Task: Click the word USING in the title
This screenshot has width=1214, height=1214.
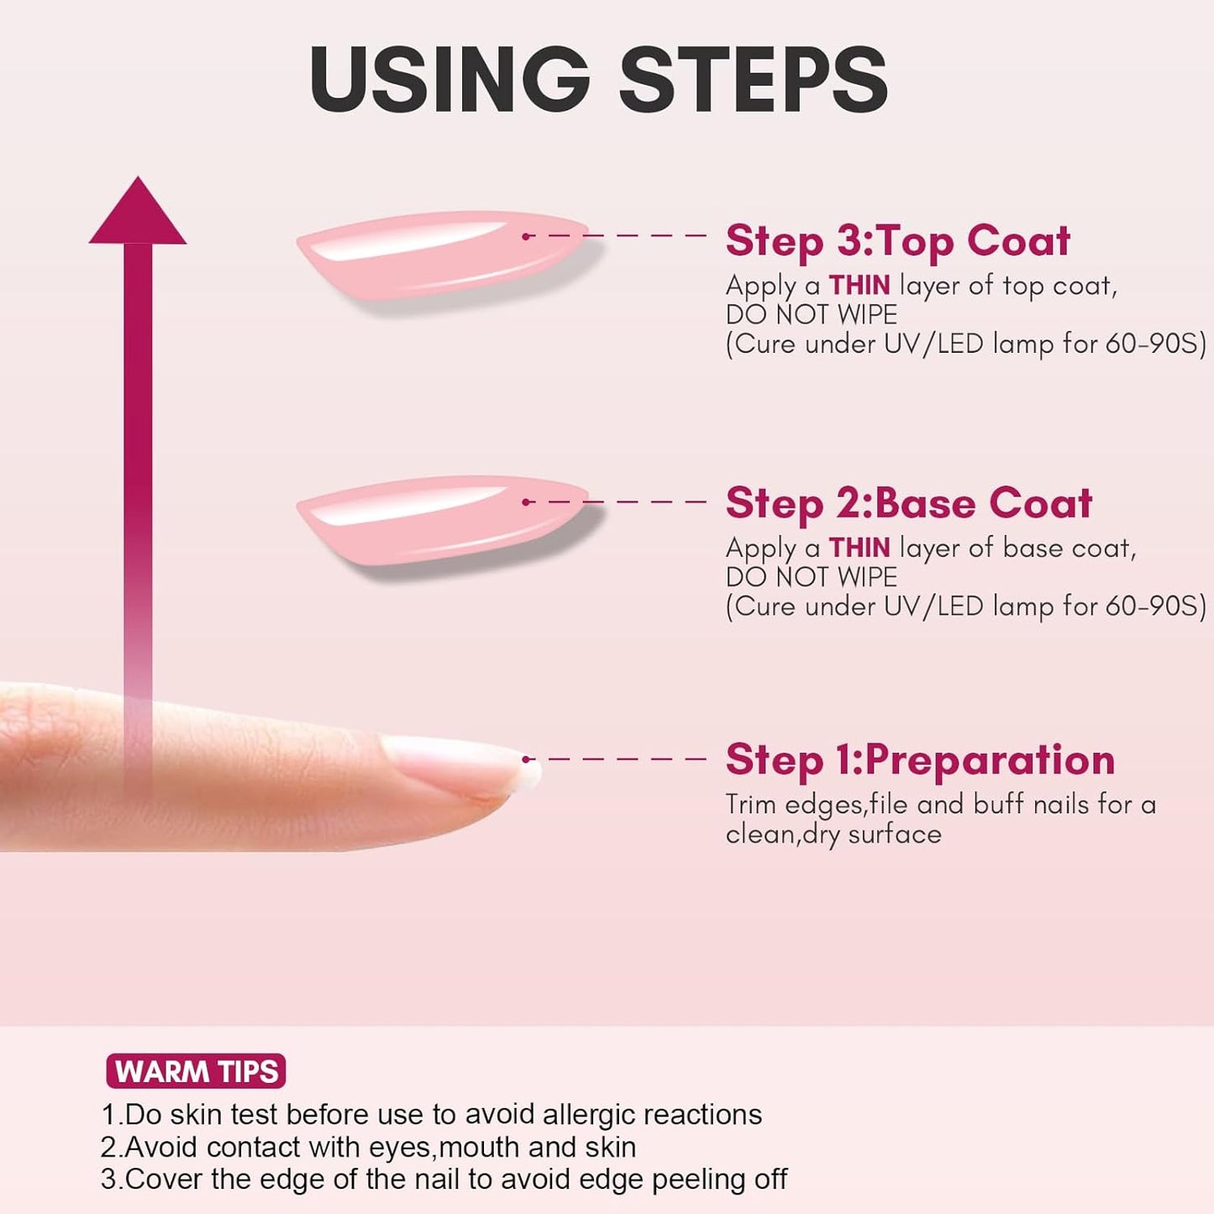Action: [x=449, y=79]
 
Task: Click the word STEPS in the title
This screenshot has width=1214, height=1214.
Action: [x=754, y=79]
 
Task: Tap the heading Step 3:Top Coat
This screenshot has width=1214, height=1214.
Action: [x=898, y=240]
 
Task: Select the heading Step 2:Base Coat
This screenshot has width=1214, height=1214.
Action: [x=909, y=503]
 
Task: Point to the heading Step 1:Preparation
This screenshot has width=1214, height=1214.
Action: [x=921, y=760]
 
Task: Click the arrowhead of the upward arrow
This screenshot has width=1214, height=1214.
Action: [x=137, y=210]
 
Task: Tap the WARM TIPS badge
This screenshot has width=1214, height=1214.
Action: [x=196, y=1071]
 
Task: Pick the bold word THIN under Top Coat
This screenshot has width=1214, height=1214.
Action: [x=859, y=286]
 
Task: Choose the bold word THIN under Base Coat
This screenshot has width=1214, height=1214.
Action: [x=859, y=548]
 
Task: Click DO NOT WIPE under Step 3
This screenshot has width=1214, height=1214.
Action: [x=812, y=314]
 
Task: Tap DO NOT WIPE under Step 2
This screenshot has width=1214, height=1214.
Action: [x=812, y=577]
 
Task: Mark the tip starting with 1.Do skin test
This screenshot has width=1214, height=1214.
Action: [x=432, y=1115]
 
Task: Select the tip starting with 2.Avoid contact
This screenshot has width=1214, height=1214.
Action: [x=369, y=1148]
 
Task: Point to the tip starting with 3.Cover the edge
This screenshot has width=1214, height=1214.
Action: [x=444, y=1180]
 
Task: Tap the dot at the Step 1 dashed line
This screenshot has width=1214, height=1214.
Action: [x=525, y=759]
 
